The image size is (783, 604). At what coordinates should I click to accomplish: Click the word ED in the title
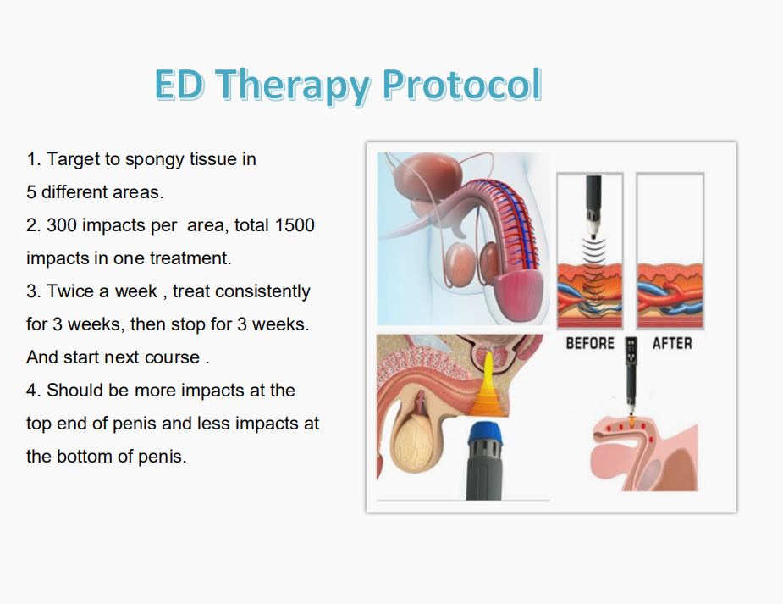[179, 84]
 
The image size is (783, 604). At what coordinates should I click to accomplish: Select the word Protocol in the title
[462, 85]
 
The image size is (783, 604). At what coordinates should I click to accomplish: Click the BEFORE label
[590, 343]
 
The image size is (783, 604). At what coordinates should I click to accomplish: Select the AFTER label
[672, 343]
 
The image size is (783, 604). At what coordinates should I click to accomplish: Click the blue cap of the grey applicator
[485, 433]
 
